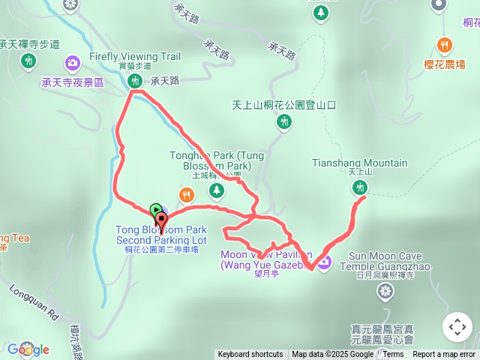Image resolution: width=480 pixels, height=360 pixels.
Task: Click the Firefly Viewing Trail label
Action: tap(135, 56)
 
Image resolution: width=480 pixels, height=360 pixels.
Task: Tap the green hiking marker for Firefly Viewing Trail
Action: tap(135, 80)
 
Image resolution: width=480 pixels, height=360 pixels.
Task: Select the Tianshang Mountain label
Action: tap(359, 163)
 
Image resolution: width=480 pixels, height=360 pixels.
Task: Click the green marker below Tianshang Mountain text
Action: tap(359, 188)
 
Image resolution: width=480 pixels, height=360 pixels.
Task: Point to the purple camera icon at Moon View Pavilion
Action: tap(324, 262)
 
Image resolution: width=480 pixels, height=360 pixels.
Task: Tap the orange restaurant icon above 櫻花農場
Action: tap(445, 43)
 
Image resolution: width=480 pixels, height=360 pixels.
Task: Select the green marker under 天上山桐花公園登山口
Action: tap(284, 121)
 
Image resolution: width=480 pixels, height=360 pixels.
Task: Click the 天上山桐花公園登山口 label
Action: tap(283, 105)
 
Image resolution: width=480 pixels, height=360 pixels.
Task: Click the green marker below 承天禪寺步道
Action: tap(28, 59)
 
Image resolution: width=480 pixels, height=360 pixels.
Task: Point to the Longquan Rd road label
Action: tap(32, 301)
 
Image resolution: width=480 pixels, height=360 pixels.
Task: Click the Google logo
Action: tap(28, 349)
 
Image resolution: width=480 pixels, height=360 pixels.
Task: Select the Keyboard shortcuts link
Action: tap(250, 355)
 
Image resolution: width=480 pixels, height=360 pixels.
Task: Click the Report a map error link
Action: tap(444, 355)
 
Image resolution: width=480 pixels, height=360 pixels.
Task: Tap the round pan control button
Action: tap(457, 327)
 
